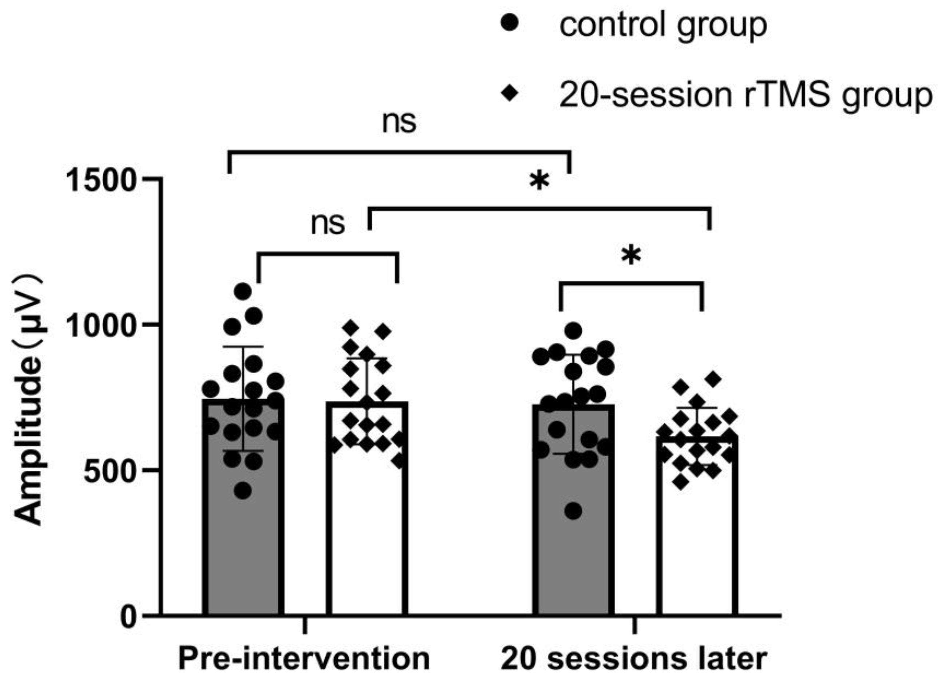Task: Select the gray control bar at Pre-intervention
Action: (x=244, y=540)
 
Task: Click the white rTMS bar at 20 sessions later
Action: (x=697, y=540)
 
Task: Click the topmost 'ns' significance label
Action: (x=399, y=123)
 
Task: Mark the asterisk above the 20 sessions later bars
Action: (x=631, y=256)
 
